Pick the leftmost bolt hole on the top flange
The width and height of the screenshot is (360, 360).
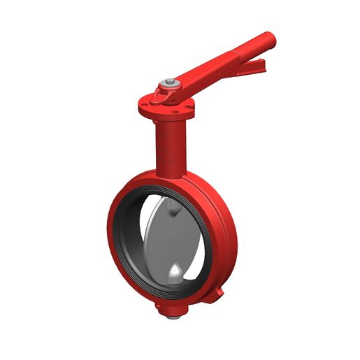(144, 106)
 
